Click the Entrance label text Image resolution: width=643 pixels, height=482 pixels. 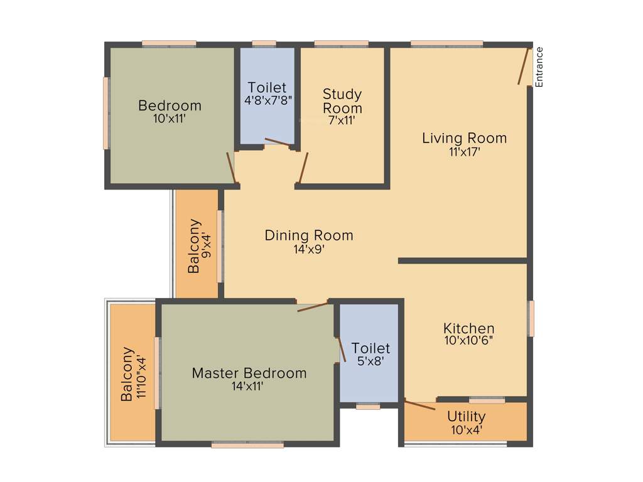tap(539, 67)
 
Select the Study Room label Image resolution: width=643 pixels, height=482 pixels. tap(342, 101)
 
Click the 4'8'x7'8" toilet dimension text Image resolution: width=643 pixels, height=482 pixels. tap(267, 100)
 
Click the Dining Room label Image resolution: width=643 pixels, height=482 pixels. tap(308, 236)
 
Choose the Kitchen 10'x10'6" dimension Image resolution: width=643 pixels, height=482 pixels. tap(468, 340)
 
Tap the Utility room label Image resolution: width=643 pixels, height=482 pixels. tap(466, 417)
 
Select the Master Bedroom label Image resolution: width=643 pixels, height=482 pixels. tap(249, 373)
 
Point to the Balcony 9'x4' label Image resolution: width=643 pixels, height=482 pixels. tap(196, 245)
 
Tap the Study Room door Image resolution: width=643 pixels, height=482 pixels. tap(304, 167)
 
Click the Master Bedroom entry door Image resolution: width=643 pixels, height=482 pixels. tap(312, 307)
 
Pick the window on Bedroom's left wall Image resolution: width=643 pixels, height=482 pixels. tap(107, 113)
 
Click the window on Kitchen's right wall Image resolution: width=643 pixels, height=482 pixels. tap(531, 318)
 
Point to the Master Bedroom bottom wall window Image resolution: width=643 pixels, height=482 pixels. tap(247, 445)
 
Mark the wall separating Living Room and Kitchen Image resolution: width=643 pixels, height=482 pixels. tap(462, 260)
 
